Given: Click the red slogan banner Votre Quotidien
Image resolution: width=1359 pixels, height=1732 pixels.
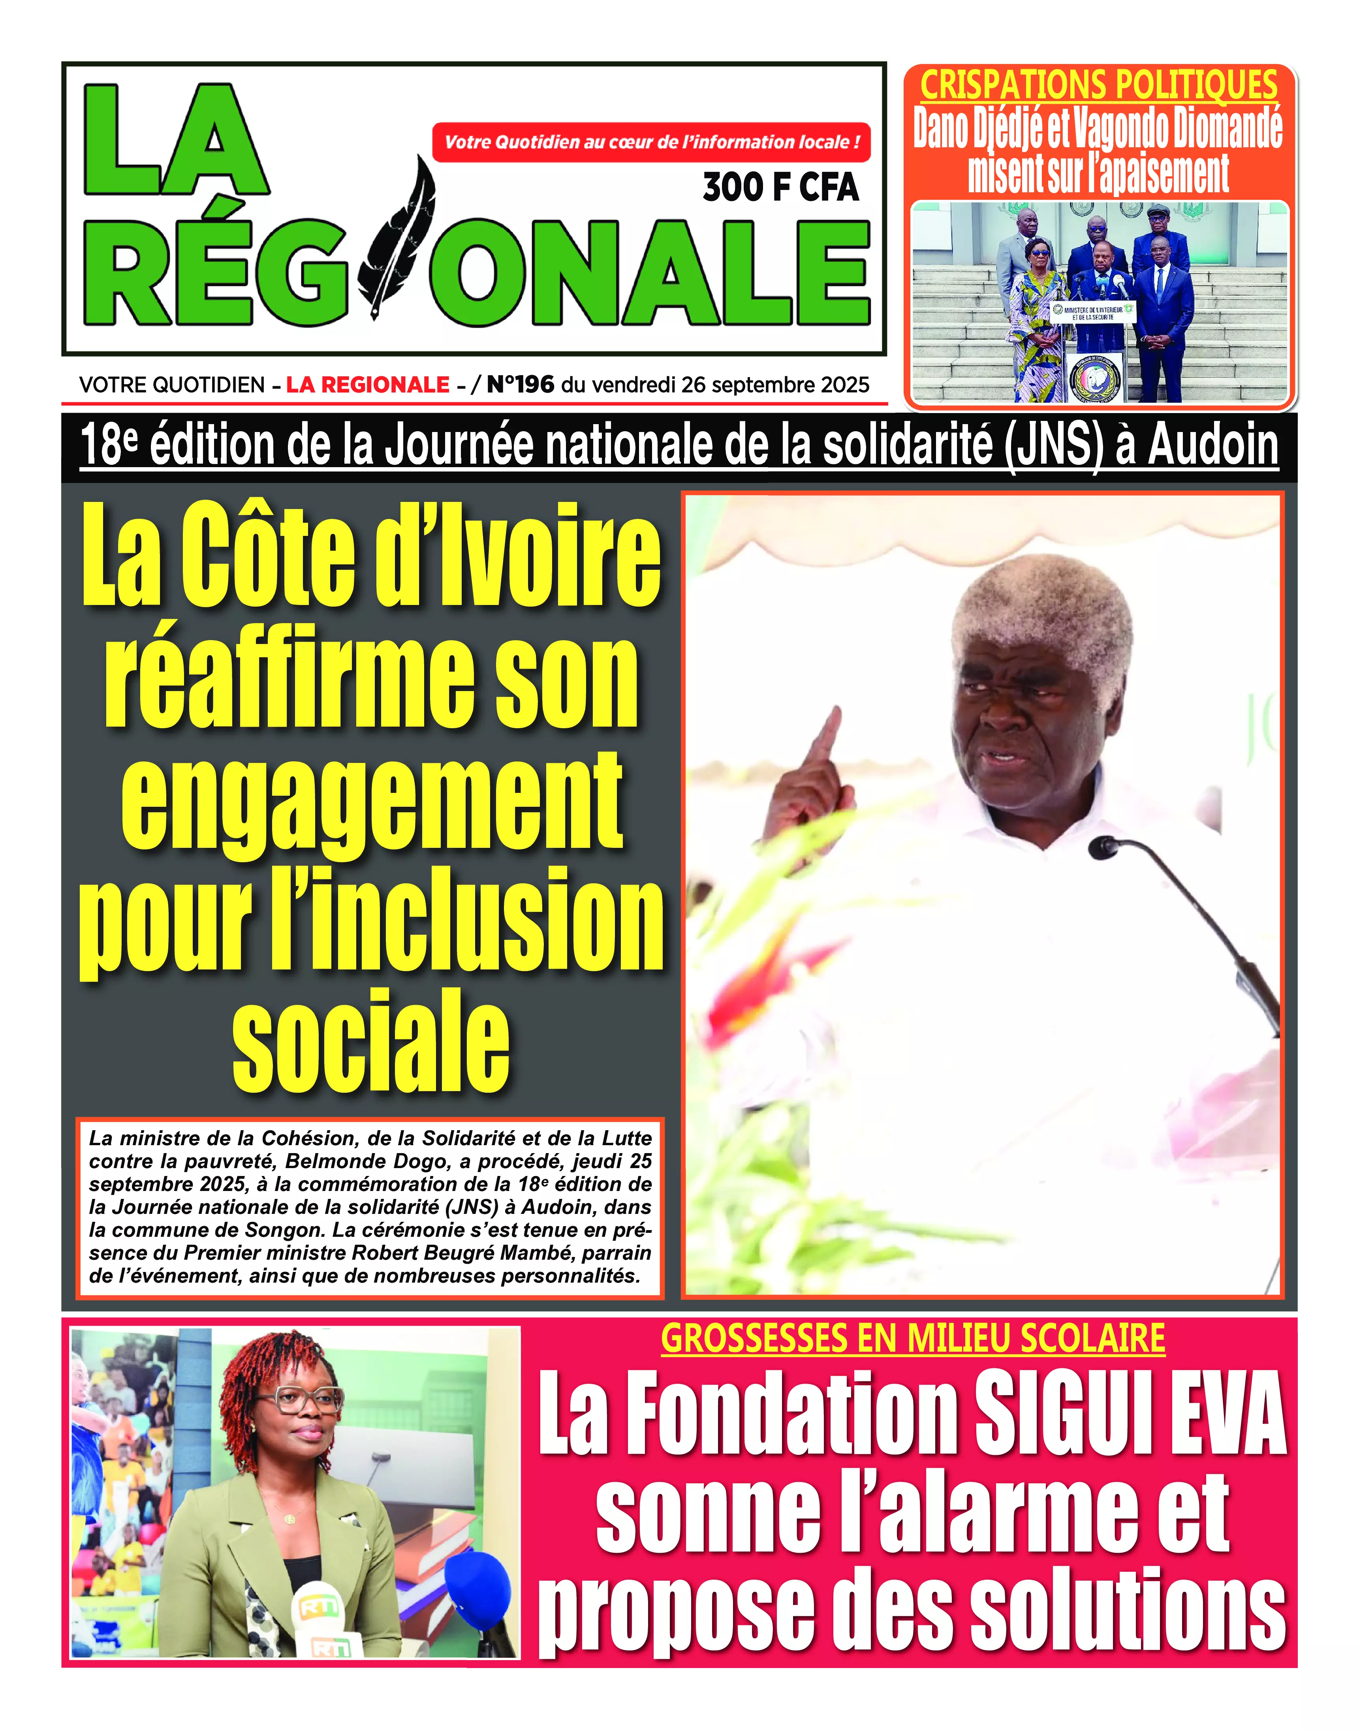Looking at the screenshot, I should tap(651, 143).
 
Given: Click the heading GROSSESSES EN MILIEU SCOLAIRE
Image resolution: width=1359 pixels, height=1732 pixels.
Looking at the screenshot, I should tap(913, 1339).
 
